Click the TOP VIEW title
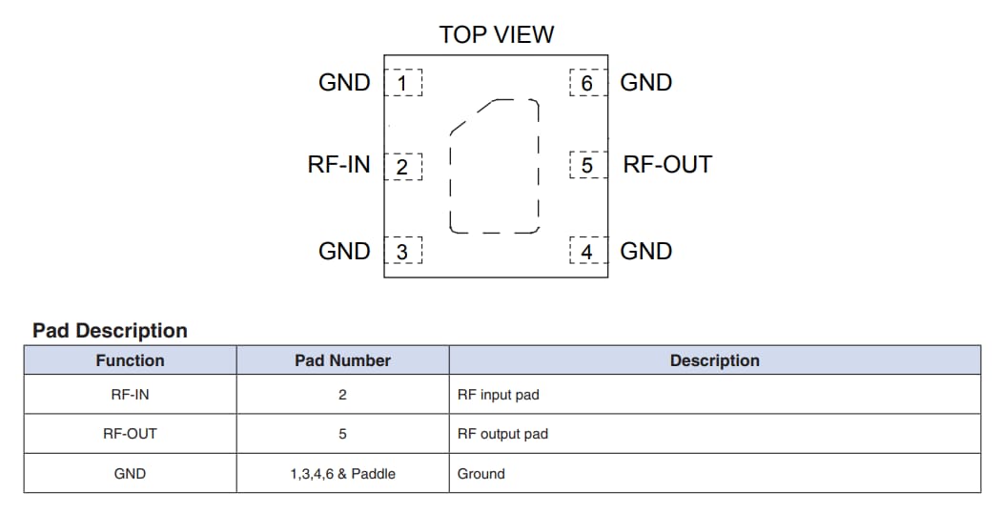coord(496,35)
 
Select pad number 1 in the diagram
coord(402,84)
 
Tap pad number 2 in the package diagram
coord(402,167)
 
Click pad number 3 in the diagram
coord(402,252)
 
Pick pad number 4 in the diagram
coord(587,252)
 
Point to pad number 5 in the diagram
coord(587,166)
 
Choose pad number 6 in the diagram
coord(587,84)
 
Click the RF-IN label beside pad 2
coord(338,165)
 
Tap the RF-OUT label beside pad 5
coord(667,165)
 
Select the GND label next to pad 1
coord(344,83)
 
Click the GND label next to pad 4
coord(646,251)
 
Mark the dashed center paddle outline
coord(495,166)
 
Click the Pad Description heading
coord(110,331)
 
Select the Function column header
coord(130,360)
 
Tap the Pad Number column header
coord(342,360)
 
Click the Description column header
coord(714,360)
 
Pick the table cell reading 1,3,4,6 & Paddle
coord(342,474)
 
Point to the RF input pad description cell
coord(499,395)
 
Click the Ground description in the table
coord(481,474)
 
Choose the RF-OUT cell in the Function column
coord(130,434)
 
